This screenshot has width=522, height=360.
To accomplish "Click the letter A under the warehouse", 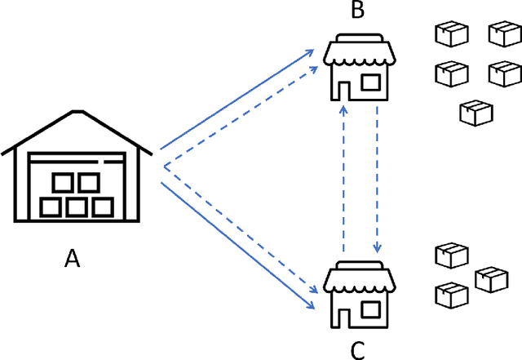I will [x=73, y=259].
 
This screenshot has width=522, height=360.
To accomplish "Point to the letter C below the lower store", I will [x=357, y=350].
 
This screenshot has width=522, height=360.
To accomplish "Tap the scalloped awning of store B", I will [x=360, y=52].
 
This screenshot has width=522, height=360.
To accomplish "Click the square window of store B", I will [x=371, y=82].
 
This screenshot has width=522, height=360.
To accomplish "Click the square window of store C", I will [x=371, y=309].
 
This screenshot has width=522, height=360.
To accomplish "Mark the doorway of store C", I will [x=340, y=315].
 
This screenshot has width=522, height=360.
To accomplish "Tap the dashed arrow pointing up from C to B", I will [x=344, y=180].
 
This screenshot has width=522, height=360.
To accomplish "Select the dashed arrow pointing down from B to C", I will [x=377, y=180].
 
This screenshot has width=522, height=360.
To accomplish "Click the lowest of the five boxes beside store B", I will [x=477, y=113].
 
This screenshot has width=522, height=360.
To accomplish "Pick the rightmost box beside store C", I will [x=492, y=279].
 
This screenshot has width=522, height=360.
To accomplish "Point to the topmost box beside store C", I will [x=451, y=255].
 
